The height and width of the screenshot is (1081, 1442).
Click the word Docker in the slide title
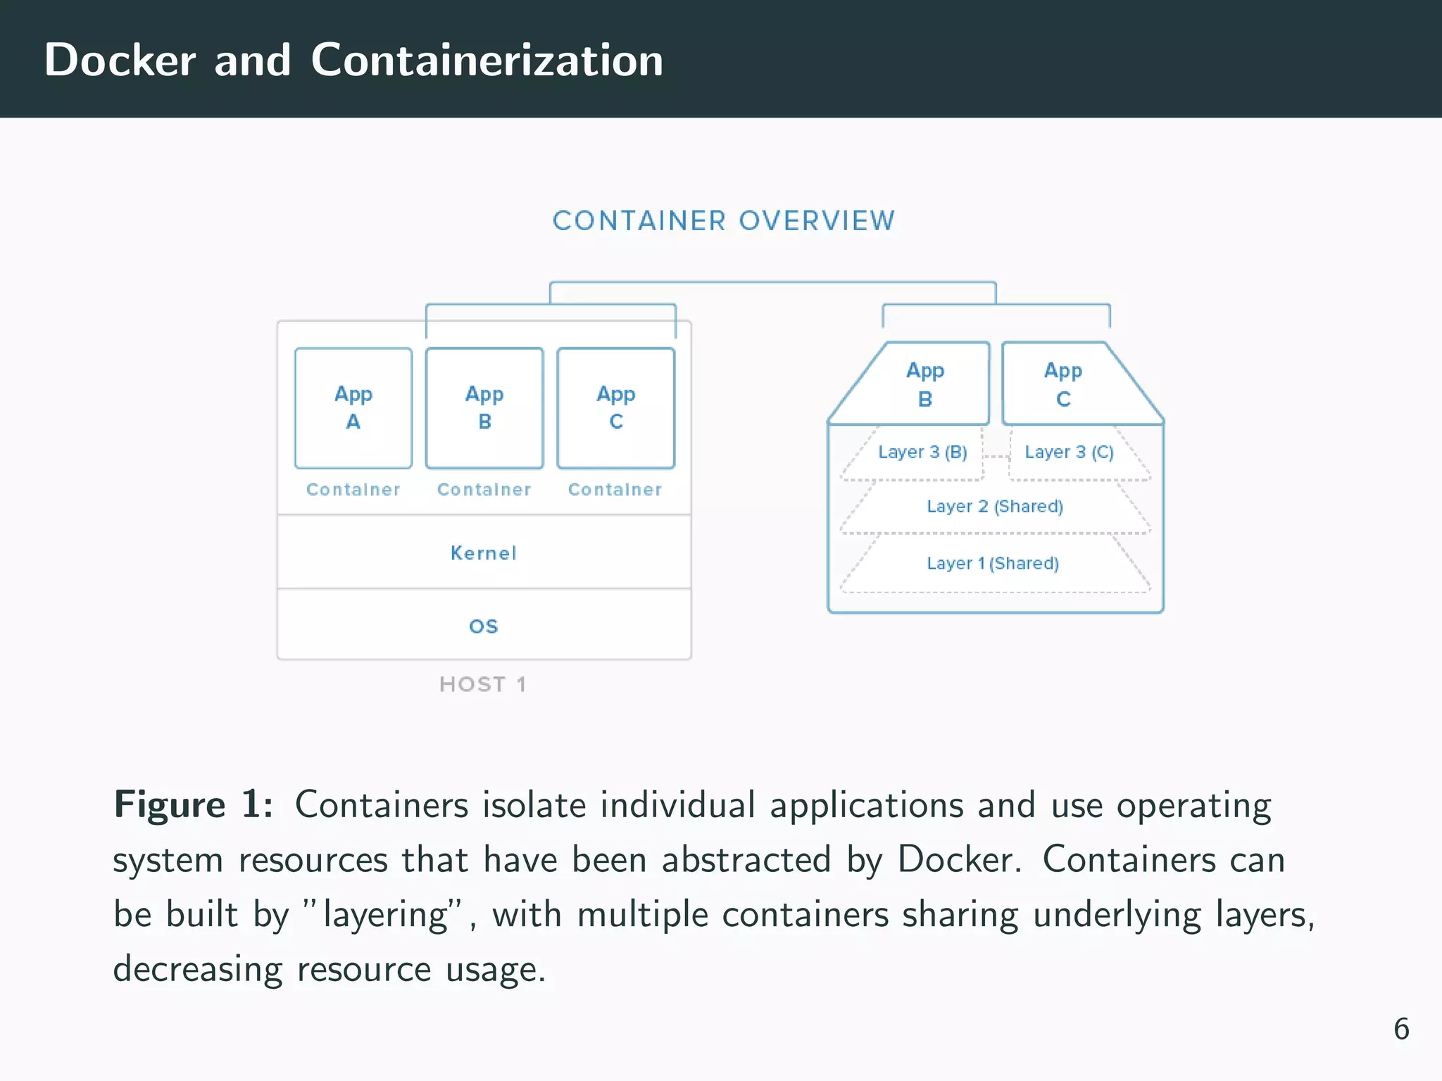[120, 60]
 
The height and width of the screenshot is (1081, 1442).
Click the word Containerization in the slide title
[487, 60]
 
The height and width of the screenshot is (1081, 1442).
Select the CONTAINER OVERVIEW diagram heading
[724, 221]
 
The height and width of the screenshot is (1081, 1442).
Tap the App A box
[353, 407]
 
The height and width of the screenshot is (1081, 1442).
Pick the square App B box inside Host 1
[484, 407]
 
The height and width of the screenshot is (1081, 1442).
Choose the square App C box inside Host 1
[616, 407]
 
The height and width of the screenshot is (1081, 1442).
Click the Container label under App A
[353, 490]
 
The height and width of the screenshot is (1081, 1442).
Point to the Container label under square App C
[615, 490]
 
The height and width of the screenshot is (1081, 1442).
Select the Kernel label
[484, 553]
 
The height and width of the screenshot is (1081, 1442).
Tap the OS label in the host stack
[484, 626]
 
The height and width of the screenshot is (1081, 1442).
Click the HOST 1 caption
[483, 684]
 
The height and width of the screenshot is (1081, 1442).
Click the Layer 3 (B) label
[922, 452]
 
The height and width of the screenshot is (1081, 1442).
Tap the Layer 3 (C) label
[1069, 452]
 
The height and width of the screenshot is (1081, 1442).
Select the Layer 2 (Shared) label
[995, 506]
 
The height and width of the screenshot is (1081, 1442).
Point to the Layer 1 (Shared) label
[993, 563]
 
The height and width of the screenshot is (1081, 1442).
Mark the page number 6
[1401, 1029]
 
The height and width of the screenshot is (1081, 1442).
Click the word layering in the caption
[386, 915]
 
